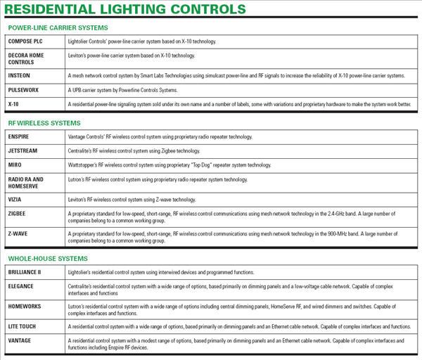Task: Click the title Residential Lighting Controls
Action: [126, 9]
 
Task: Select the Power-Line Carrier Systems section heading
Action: [58, 27]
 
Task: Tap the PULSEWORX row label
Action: [25, 89]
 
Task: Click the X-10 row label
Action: [14, 103]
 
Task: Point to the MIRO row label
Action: [15, 165]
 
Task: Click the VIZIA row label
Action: [16, 199]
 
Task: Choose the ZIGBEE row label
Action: [18, 213]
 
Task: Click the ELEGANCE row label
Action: [23, 286]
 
